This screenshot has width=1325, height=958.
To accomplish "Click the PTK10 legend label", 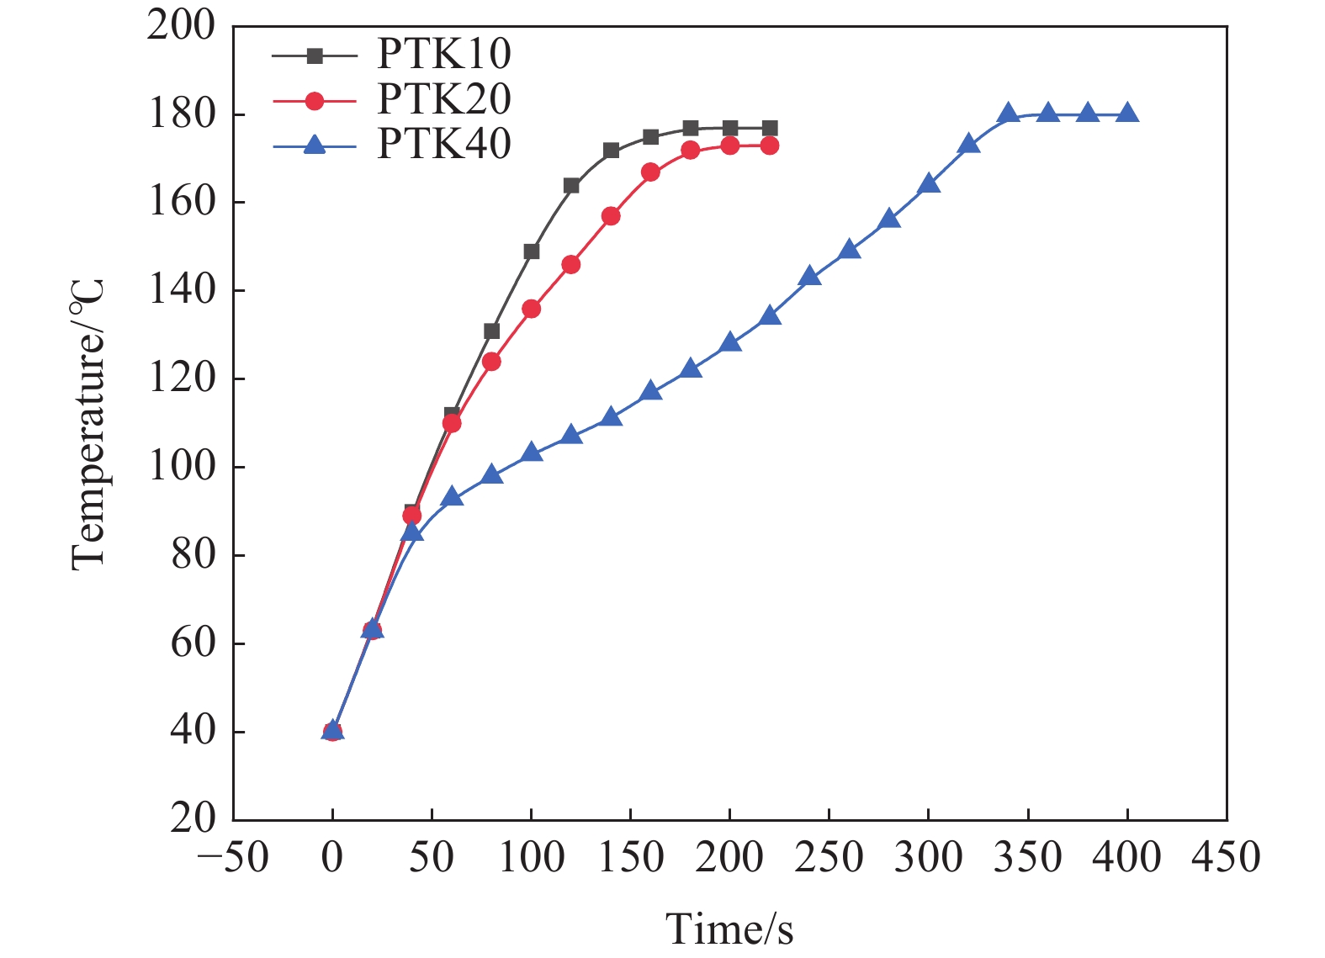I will click(443, 55).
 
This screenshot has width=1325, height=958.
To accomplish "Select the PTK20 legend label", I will click(443, 100).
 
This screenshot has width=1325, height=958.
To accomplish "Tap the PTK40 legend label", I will click(443, 145).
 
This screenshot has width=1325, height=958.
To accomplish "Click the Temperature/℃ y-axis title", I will click(87, 424).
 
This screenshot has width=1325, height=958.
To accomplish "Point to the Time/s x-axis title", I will click(729, 929).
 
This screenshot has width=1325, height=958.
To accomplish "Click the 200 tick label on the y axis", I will click(181, 26).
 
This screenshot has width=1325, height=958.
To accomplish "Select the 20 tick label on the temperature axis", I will click(193, 818).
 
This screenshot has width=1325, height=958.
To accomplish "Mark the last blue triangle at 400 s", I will click(1127, 114).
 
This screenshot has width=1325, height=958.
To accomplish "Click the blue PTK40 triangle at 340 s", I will click(1008, 114).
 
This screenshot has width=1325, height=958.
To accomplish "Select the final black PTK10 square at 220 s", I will click(770, 129).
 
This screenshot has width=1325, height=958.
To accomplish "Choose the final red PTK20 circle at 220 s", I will click(770, 146).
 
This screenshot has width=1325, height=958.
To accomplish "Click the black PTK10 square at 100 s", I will click(532, 251).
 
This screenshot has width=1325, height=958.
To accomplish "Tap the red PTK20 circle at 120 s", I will click(571, 265).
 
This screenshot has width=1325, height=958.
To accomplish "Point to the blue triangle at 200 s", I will click(730, 342).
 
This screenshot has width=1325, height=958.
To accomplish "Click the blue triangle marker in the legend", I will click(315, 146).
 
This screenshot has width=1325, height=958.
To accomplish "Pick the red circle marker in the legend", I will click(315, 101).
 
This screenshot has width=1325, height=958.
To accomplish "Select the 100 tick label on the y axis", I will click(181, 466).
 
